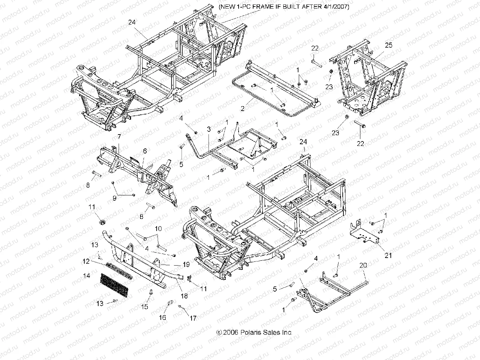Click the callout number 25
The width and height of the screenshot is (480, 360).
tap(389, 45)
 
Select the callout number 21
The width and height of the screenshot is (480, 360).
tap(388, 255)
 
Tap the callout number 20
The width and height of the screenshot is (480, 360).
tap(363, 265)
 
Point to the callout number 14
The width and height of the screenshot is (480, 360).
tap(86, 276)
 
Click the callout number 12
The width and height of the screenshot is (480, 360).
tap(86, 261)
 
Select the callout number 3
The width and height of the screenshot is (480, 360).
tap(209, 129)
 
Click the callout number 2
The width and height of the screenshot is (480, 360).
tap(243, 109)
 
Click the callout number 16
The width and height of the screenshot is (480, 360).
tap(162, 317)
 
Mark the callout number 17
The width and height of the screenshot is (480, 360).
tap(193, 318)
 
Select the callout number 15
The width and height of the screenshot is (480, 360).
tap(144, 307)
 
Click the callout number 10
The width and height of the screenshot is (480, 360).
tap(158, 229)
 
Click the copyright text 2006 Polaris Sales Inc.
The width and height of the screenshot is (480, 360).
tap(254, 332)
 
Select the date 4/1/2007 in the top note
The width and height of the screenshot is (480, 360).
tap(332, 7)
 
